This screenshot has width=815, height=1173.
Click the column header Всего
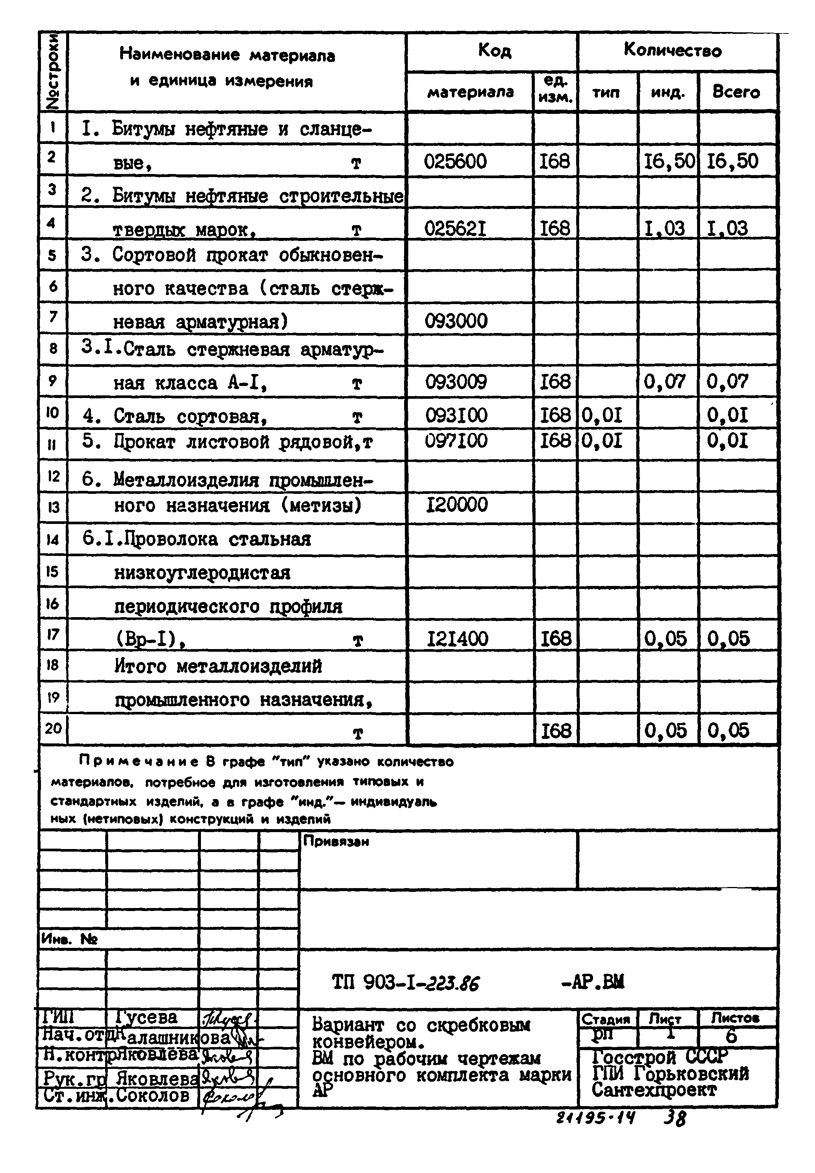coord(736,92)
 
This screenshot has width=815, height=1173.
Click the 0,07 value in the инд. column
coord(664,381)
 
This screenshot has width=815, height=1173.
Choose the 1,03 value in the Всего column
coord(727,229)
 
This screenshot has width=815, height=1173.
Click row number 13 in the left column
coord(53,507)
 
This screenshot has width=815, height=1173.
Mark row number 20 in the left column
coord(53,728)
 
